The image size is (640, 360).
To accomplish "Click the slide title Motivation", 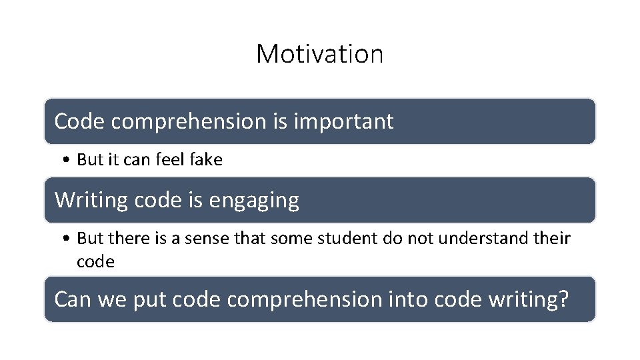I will coord(319,54).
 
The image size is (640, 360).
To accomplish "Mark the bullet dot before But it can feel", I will coord(69,161).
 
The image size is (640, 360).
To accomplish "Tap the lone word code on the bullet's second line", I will coord(95,262).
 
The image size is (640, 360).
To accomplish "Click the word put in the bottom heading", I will coord(149,299).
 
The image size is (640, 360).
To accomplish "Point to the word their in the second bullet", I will coord(552,239).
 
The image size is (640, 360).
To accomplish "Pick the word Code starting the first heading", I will coord(79,122).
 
